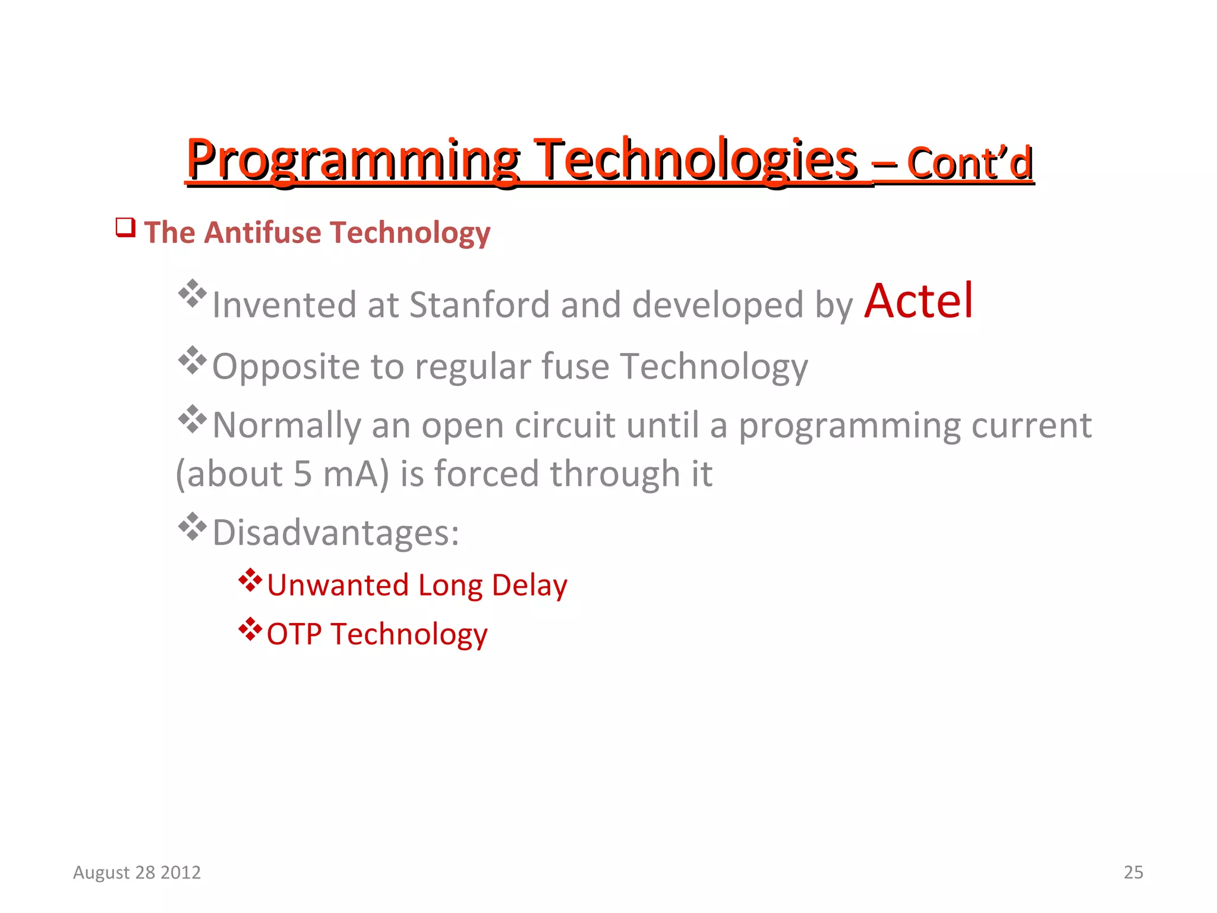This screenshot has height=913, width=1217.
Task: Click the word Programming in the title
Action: pos(353,160)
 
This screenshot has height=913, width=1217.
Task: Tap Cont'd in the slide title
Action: pos(970,163)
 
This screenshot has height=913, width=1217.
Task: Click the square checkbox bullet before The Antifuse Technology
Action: pos(125,227)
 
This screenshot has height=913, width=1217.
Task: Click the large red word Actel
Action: pos(918,301)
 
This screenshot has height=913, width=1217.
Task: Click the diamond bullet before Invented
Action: pos(192,293)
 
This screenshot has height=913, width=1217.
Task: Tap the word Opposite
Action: pos(285,367)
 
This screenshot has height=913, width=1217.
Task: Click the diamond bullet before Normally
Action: pos(192,419)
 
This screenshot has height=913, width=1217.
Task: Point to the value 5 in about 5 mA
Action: pos(302,474)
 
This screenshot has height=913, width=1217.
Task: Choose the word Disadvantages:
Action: pos(336,533)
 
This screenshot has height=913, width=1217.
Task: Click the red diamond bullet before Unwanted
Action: pos(250,581)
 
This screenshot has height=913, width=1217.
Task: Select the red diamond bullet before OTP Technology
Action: pos(250,629)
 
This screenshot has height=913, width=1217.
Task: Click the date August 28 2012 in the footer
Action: pos(137,872)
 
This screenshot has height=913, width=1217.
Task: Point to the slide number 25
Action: pos(1133,872)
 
